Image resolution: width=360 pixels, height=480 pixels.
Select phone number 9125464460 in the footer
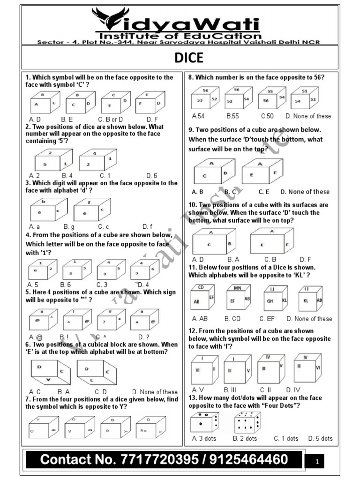point(243,459)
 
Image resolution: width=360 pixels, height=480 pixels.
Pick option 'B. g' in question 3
point(68,226)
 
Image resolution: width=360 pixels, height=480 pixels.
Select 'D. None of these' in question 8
point(308,116)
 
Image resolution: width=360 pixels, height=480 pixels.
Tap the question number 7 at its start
point(28,399)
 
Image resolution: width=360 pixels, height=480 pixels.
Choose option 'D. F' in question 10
point(306,259)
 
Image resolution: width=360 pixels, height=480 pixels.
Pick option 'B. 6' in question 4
point(66,285)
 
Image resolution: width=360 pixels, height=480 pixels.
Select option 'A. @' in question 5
point(36,337)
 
